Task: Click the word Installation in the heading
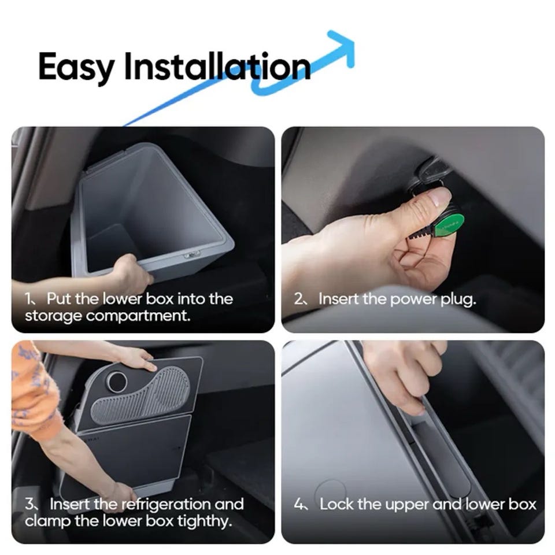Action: coord(217,66)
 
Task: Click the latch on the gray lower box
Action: coord(192,254)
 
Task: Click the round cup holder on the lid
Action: coord(117,382)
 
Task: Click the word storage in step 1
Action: coord(53,316)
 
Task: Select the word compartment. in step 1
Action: coord(138,316)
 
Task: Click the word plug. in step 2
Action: coord(458,299)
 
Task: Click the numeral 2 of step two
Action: coord(298,299)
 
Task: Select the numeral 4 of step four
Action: coord(298,504)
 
